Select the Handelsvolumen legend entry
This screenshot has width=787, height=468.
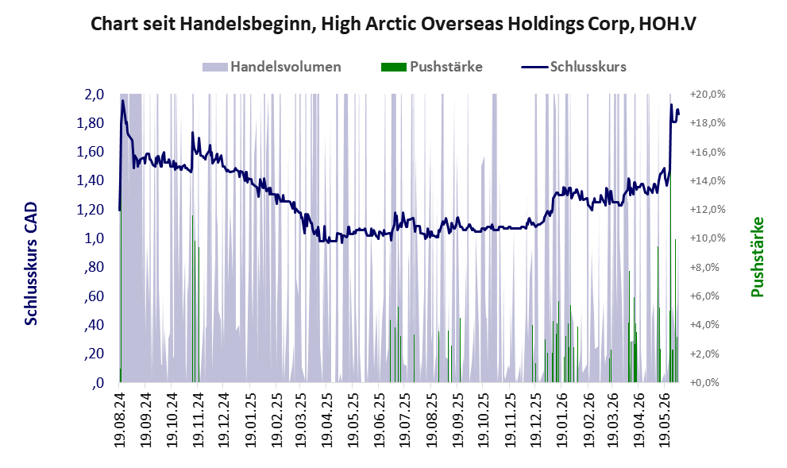tap(272, 67)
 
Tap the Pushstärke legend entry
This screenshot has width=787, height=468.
tap(432, 67)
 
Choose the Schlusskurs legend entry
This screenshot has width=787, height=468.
tap(573, 67)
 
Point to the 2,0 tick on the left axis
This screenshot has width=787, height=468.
tap(94, 95)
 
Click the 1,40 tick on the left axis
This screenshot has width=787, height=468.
tap(91, 181)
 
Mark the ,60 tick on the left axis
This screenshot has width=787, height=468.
tap(95, 296)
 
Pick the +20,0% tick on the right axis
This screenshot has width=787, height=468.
tap(708, 95)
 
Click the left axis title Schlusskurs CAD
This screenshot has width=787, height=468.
tap(31, 264)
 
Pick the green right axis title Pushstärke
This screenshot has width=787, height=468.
tap(757, 257)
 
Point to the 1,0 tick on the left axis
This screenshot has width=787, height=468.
tap(94, 238)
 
